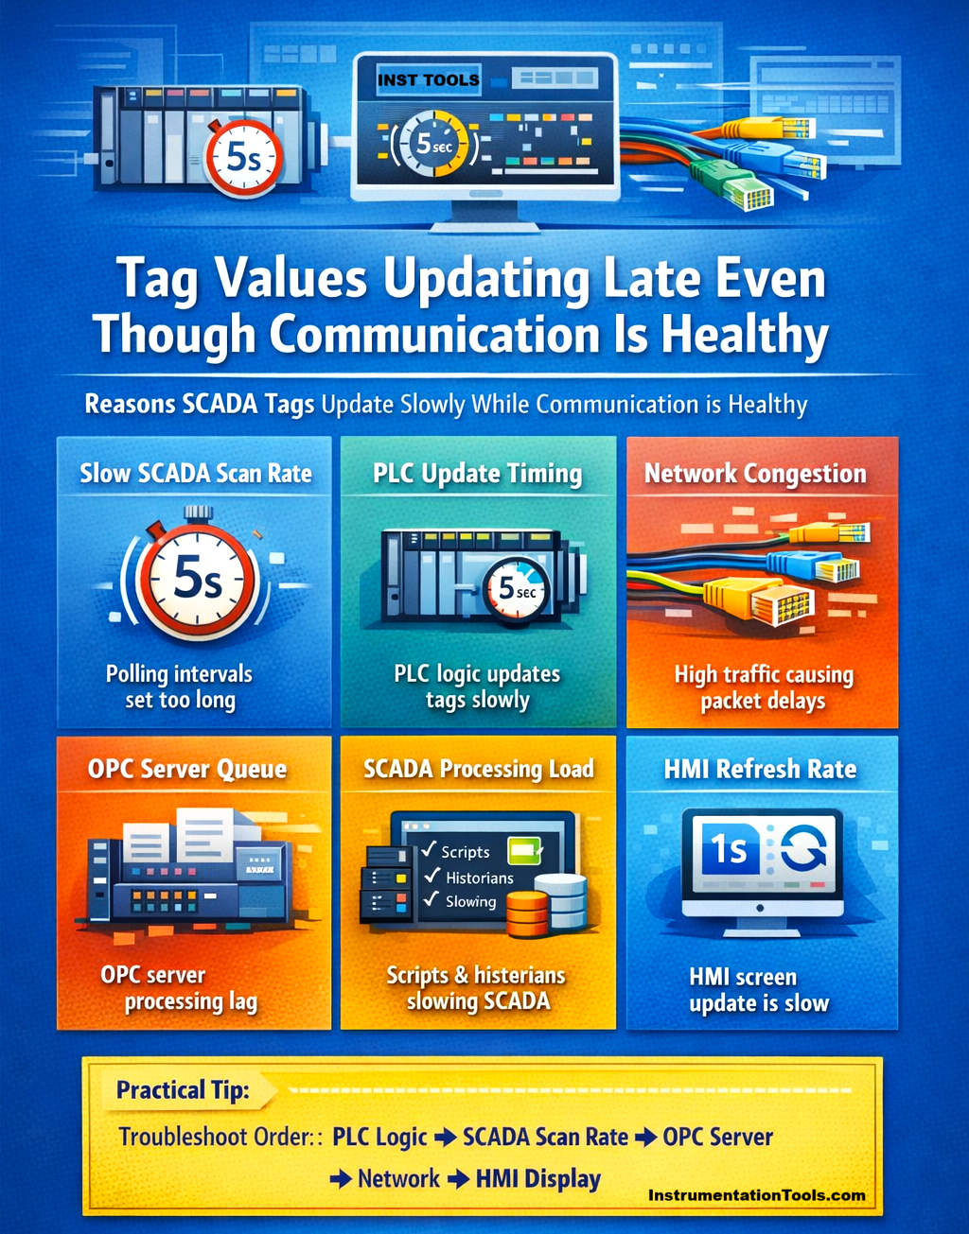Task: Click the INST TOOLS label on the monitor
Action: pos(429,80)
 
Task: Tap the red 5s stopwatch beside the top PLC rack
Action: pos(244,156)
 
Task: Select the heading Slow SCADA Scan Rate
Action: pos(196,474)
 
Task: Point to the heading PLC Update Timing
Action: pos(477,475)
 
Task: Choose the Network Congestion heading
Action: pos(755,474)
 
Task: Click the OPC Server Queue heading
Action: pos(187,769)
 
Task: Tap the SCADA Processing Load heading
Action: pos(479,770)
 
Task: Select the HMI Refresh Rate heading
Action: pos(760,769)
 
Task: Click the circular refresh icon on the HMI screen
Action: pos(803,848)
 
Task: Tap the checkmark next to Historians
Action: pos(432,875)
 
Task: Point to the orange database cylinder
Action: pos(527,916)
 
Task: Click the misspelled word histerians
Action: pos(520,976)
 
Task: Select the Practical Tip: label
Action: pos(183,1090)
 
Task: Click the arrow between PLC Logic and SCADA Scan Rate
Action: pos(445,1138)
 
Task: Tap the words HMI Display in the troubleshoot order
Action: pos(538,1179)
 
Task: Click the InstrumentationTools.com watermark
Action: pos(756,1195)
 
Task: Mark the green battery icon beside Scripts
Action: pos(524,850)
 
